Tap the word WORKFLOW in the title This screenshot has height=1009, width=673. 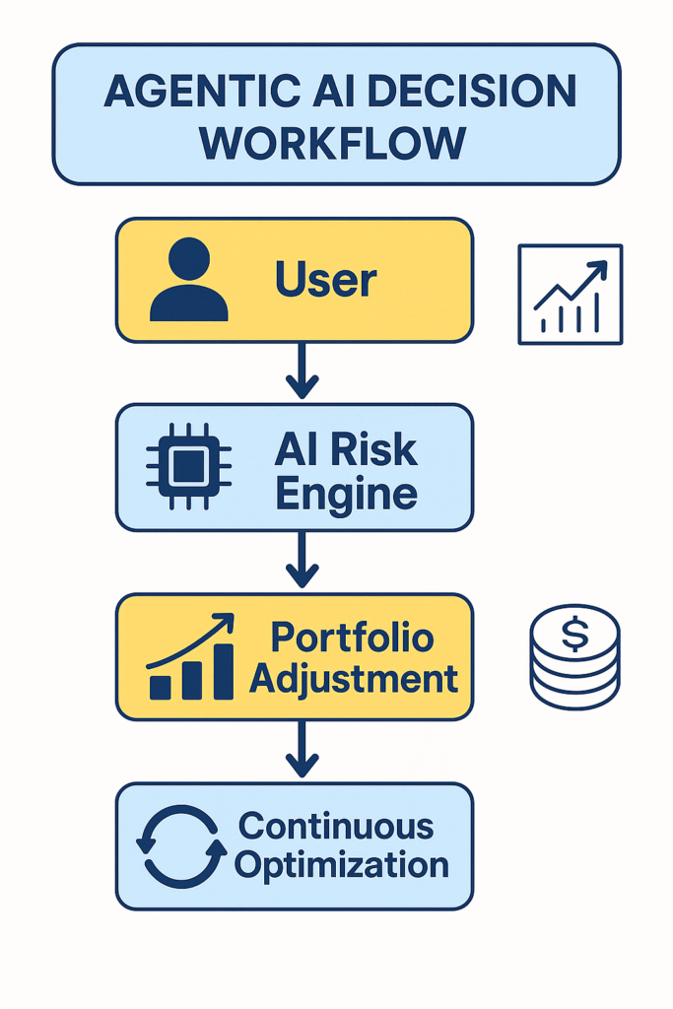coord(333,143)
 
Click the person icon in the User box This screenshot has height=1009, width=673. coord(188,280)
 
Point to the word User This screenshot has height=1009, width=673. coord(326,281)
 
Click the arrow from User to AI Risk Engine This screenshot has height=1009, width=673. coord(302,371)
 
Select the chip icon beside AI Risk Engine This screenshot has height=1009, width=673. coord(189,466)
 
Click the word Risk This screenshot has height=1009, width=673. coord(374,450)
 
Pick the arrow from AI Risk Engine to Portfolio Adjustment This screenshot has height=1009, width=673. coord(302,560)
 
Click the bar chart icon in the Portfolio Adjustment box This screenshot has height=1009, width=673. coord(191,657)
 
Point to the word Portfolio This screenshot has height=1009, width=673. coord(352,638)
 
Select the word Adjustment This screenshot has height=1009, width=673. coord(353,678)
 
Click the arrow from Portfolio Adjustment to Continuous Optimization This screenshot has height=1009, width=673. coord(302,749)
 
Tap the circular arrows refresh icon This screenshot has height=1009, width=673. coord(180,845)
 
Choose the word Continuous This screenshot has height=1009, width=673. coord(336,826)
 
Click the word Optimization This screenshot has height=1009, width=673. coord(342,865)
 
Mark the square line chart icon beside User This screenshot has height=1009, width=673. coord(571,295)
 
